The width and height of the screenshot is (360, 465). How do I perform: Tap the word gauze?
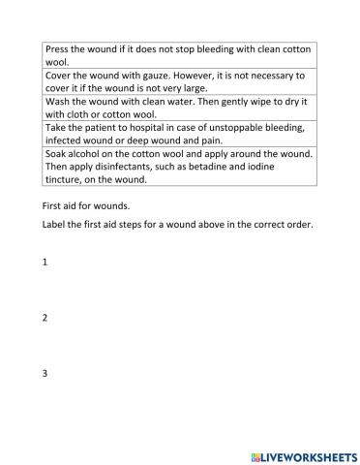165,75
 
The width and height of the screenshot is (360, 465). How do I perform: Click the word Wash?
58,100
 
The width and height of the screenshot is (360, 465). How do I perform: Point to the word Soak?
57,152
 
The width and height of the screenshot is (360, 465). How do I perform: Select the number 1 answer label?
45,263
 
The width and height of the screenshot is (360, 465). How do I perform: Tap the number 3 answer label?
45,374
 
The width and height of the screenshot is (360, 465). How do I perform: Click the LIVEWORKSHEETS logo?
298,453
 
